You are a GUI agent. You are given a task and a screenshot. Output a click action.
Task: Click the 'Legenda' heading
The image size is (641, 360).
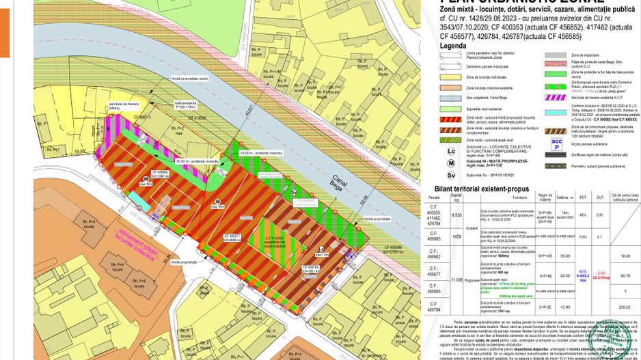coord(453,46)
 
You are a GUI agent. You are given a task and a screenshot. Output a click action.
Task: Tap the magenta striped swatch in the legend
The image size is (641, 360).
coord(556,98)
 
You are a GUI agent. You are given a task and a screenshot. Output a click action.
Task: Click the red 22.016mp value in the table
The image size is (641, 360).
coord(601,277)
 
